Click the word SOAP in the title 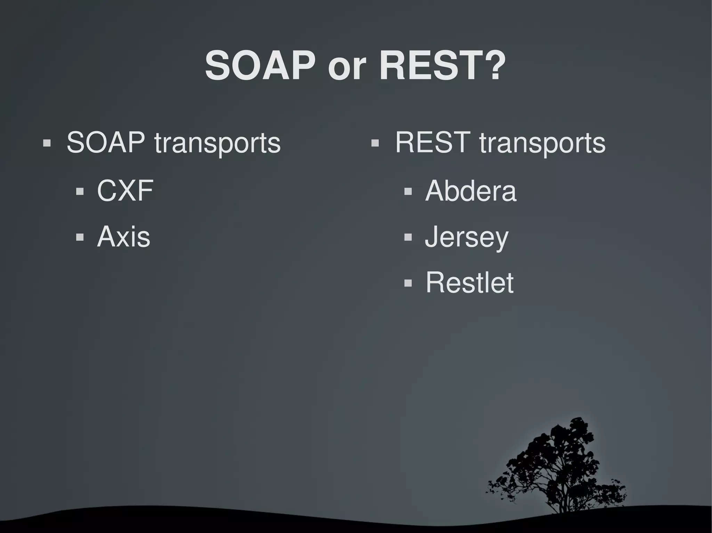pyautogui.click(x=260, y=66)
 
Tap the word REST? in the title pyautogui.click(x=442, y=66)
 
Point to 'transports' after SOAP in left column pyautogui.click(x=217, y=144)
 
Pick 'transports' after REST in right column pyautogui.click(x=542, y=144)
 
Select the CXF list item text pyautogui.click(x=125, y=191)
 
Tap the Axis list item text pyautogui.click(x=123, y=237)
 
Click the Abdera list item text pyautogui.click(x=471, y=191)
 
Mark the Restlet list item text pyautogui.click(x=469, y=283)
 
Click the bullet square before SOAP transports pyautogui.click(x=47, y=143)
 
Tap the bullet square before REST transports pyautogui.click(x=375, y=143)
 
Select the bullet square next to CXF pyautogui.click(x=80, y=191)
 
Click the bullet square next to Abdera pyautogui.click(x=408, y=191)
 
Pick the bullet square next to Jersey pyautogui.click(x=408, y=238)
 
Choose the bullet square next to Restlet pyautogui.click(x=408, y=283)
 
